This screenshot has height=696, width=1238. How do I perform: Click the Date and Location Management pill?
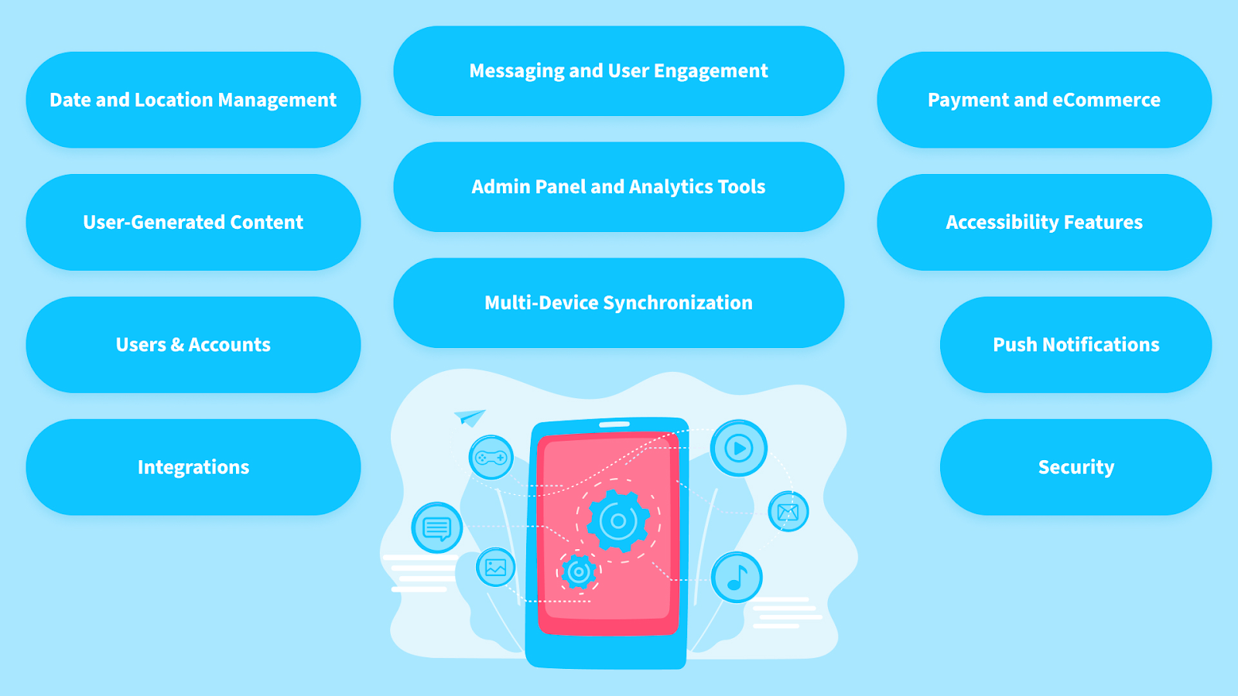[x=193, y=100]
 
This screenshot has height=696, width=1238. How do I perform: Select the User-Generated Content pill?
[x=193, y=222]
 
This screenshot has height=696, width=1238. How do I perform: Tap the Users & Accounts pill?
[x=193, y=344]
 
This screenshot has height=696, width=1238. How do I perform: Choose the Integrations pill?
[x=193, y=467]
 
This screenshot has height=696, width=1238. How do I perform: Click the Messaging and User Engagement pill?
[x=618, y=71]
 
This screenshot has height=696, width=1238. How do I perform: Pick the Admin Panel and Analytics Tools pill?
[x=618, y=186]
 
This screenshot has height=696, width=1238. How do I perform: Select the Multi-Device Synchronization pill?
[x=618, y=302]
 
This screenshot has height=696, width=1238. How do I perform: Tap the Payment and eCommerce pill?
[x=1044, y=100]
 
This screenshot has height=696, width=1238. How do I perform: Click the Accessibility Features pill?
[x=1044, y=222]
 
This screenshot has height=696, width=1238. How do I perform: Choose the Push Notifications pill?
[x=1076, y=344]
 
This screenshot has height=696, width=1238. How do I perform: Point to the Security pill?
[x=1076, y=467]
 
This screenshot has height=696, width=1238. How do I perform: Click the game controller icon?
[x=491, y=458]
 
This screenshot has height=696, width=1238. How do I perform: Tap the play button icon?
[x=739, y=448]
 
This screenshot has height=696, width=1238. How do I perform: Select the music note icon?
[x=737, y=577]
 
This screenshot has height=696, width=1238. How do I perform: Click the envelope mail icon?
[x=788, y=511]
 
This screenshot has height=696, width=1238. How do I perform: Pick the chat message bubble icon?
[x=437, y=528]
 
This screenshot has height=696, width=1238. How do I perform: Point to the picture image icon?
[x=495, y=567]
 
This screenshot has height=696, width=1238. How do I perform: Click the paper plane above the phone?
[x=470, y=417]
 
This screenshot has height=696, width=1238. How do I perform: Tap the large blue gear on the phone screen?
[x=618, y=520]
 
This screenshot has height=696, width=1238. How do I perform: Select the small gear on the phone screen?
[x=578, y=572]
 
